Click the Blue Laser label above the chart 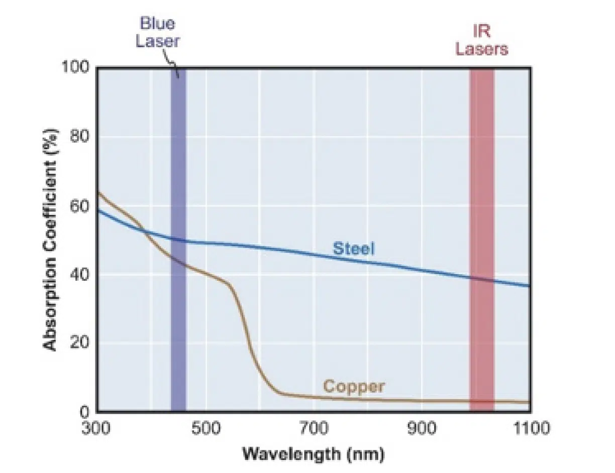[x=157, y=32]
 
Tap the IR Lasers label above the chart [x=481, y=40]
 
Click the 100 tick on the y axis [x=75, y=67]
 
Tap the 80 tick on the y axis [x=79, y=137]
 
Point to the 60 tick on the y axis [x=79, y=206]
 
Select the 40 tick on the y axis [x=79, y=275]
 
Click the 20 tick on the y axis [x=79, y=343]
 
